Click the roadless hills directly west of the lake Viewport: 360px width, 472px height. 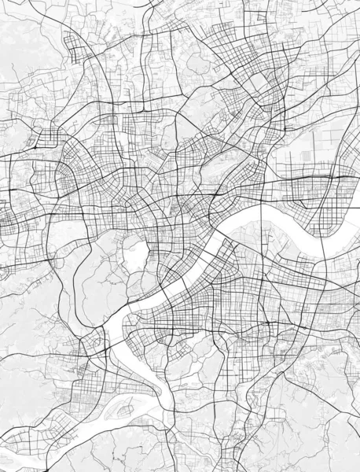tap(94, 260)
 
